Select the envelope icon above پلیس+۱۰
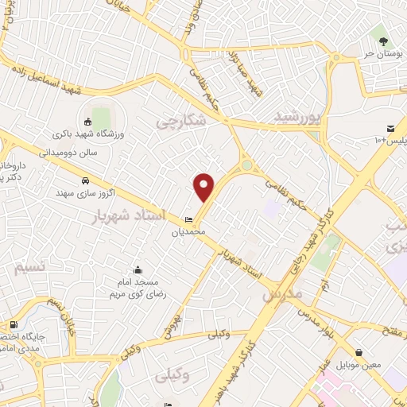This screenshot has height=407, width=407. coord(390,129)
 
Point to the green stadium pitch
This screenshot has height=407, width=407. coord(101,117)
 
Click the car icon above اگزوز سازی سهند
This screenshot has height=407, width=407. coord(84,180)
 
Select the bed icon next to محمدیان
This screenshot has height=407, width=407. coord(188,220)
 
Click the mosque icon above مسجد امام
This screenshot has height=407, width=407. coord(138,270)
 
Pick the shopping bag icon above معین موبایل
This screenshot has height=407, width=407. coord(359,352)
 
